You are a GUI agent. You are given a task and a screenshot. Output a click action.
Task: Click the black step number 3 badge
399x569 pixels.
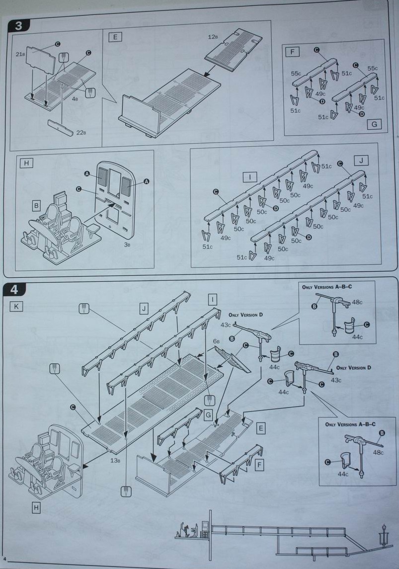(18, 26)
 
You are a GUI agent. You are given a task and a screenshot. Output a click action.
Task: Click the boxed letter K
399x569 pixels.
(16, 307)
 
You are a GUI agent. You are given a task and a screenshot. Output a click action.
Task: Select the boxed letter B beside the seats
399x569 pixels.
(36, 205)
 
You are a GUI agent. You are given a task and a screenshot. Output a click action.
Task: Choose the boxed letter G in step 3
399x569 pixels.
(374, 124)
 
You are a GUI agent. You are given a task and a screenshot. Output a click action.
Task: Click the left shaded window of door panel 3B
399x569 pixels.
(103, 176)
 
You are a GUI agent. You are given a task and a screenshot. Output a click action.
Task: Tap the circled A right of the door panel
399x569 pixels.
(146, 182)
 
